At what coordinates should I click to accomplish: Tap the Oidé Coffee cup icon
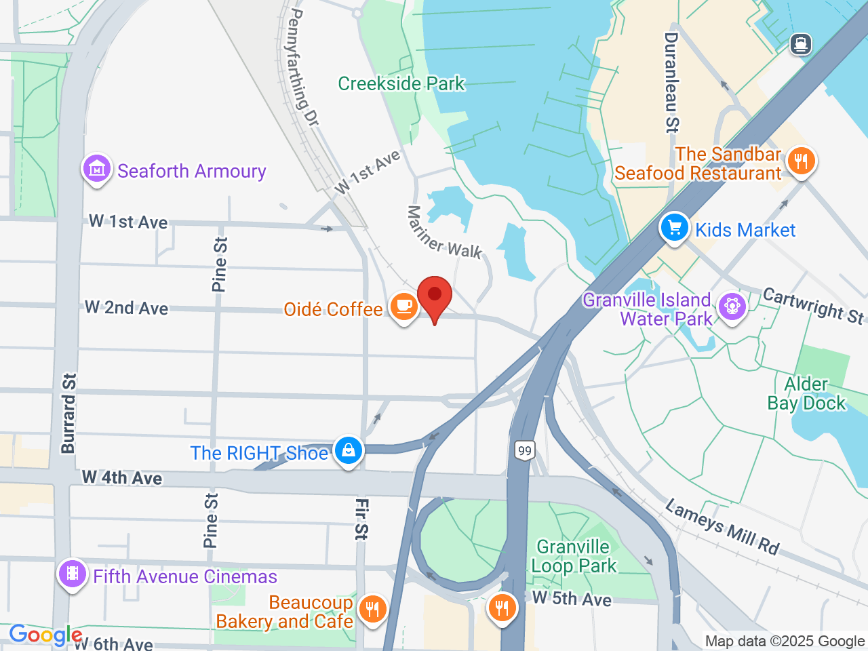tap(404, 307)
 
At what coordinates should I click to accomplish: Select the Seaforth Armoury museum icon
tap(97, 169)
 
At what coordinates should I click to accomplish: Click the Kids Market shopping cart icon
tap(674, 228)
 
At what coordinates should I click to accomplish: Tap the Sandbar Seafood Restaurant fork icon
tap(801, 161)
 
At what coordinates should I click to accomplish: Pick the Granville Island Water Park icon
tap(732, 307)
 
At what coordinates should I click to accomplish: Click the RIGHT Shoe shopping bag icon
tap(349, 450)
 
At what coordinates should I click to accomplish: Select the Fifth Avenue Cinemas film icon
tap(73, 574)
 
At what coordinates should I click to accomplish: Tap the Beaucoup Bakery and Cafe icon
tap(372, 609)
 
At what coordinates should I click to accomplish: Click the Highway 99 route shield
tap(524, 451)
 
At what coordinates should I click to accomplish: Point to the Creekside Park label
tap(401, 83)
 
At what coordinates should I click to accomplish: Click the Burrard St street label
tap(68, 413)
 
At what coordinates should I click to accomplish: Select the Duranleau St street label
tap(671, 82)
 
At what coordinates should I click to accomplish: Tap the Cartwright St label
tap(812, 305)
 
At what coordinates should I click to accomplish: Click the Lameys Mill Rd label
tap(722, 526)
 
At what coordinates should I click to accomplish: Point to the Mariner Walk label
tap(444, 233)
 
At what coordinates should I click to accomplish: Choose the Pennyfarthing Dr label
tap(304, 66)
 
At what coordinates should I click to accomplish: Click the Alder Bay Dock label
tap(806, 394)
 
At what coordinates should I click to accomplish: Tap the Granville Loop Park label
tap(574, 556)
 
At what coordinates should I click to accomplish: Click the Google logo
tap(45, 635)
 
